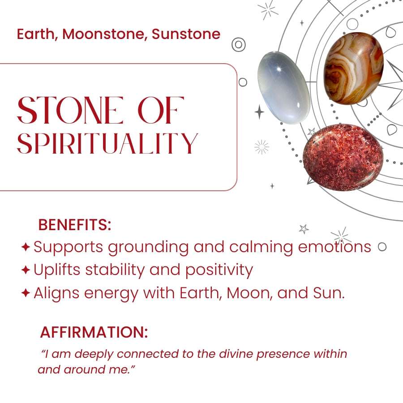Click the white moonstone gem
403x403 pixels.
[x=284, y=87]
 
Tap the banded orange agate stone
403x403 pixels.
[x=354, y=69]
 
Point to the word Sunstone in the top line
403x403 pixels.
[x=186, y=34]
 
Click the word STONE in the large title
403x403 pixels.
[x=70, y=110]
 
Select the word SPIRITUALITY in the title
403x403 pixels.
[x=107, y=143]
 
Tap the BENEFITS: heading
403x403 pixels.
[x=74, y=225]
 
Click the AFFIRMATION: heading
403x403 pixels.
[x=94, y=332]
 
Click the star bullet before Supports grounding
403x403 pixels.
[x=26, y=247]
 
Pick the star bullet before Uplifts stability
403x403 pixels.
[x=26, y=270]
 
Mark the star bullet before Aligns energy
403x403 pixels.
[x=26, y=293]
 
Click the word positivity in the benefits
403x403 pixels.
[x=219, y=270]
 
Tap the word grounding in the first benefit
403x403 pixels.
[x=148, y=248]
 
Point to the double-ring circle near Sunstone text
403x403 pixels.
[x=239, y=45]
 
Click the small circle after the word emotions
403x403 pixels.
[x=382, y=247]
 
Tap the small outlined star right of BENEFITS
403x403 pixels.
[x=304, y=229]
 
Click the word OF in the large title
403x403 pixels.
[x=161, y=110]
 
